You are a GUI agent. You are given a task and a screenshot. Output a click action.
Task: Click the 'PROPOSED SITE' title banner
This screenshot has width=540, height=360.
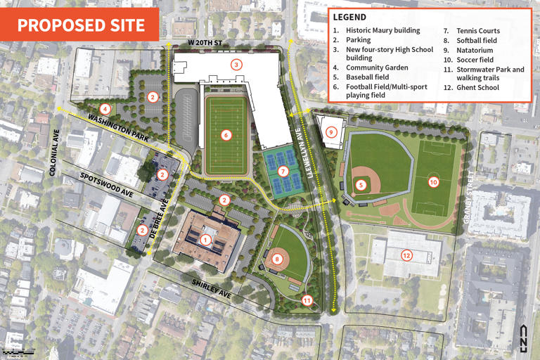(81, 25)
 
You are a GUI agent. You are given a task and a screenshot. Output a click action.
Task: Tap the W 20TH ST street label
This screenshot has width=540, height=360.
(205, 44)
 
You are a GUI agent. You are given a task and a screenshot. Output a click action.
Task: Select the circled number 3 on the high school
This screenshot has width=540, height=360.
(237, 65)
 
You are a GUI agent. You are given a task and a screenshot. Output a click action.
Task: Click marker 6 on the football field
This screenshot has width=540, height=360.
(226, 134)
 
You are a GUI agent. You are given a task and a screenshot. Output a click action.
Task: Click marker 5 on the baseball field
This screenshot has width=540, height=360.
(361, 185)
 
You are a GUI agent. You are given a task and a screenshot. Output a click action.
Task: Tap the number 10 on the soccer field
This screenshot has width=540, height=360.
(433, 181)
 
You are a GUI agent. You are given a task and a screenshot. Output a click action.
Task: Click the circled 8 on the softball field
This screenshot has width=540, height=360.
(278, 259)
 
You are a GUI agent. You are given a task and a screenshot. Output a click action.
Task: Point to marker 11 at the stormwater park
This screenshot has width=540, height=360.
(307, 300)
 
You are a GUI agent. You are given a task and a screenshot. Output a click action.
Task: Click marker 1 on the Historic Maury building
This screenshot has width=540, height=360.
(205, 240)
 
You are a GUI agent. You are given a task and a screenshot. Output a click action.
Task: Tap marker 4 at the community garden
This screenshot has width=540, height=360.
(105, 108)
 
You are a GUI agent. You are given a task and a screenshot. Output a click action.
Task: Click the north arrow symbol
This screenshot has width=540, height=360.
(522, 335)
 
